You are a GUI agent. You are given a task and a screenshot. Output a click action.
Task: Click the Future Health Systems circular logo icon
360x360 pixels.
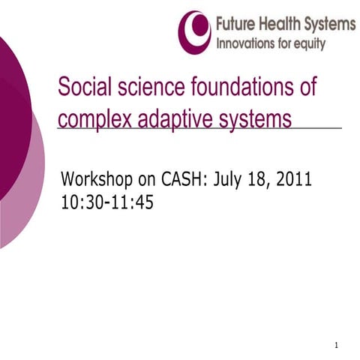click(194, 31)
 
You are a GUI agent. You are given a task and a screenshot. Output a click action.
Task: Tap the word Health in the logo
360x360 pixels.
click(280, 24)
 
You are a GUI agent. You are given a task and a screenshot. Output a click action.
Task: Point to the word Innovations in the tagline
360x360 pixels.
click(247, 43)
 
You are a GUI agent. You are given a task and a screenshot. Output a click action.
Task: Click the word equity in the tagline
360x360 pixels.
click(309, 44)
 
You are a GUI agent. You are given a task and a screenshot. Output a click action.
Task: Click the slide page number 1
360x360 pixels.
click(337, 346)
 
